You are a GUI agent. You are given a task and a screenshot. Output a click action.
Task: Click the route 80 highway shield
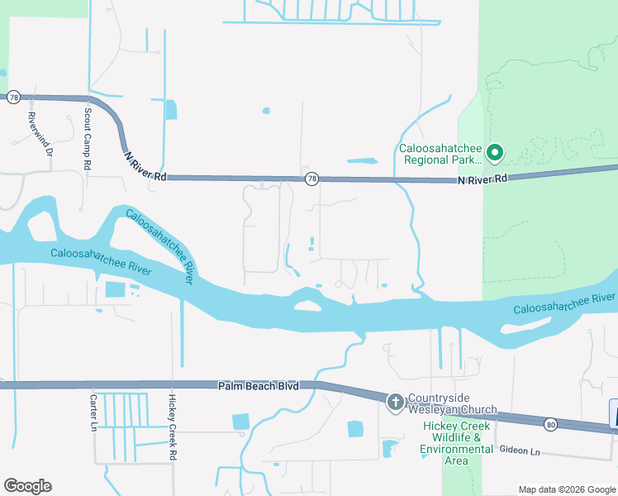point(550,424)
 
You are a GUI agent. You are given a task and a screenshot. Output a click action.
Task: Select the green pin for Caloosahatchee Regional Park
point(495,152)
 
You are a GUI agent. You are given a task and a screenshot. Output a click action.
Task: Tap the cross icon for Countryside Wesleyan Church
point(395,403)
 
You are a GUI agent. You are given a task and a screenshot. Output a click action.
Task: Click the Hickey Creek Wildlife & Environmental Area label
point(457,442)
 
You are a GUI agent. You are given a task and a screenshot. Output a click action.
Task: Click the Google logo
point(27,486)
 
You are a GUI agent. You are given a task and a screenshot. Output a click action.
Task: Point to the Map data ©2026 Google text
point(566,489)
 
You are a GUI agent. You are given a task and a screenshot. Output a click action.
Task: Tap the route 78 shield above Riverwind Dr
point(13,98)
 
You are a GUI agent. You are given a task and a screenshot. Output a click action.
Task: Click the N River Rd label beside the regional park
point(483,179)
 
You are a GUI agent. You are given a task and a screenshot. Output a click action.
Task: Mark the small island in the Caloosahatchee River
point(308,306)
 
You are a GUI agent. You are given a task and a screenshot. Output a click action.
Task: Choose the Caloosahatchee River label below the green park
point(564,303)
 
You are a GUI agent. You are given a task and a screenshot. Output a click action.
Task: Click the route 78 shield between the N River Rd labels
point(311,178)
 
